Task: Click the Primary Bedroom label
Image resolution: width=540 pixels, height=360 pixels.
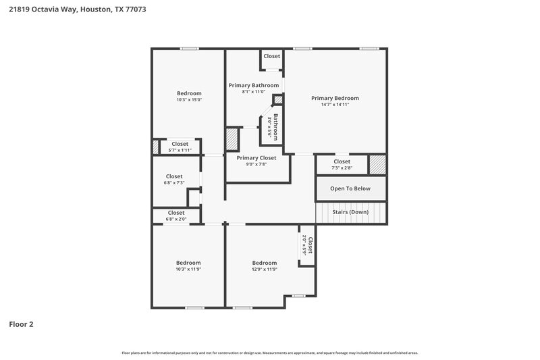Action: pos(335,98)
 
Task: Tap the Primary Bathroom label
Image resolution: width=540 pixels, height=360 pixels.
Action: pos(254,85)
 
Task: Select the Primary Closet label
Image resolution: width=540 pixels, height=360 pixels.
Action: pos(256,157)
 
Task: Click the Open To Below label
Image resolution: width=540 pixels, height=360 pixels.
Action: pos(350,188)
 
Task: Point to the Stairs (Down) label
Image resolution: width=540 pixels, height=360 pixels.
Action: pos(350,211)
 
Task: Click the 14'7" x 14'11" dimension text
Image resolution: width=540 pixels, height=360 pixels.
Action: pos(335,105)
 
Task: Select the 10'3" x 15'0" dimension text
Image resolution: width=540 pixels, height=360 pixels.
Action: pos(189,100)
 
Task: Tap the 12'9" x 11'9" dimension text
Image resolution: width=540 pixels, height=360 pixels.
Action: pos(265,269)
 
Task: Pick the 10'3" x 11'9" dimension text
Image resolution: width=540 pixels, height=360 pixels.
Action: pos(189,269)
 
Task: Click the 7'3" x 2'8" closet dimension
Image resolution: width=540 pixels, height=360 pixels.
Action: pos(342,168)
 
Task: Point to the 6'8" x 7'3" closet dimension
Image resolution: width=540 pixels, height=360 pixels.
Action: pos(174,183)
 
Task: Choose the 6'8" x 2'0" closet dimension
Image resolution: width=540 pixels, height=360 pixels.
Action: pos(175,219)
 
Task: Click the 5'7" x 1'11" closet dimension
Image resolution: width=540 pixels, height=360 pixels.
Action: pos(180,150)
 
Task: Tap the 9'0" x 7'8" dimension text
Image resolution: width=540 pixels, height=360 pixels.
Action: pos(256,164)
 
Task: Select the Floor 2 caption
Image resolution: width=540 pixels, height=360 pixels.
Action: pos(21,324)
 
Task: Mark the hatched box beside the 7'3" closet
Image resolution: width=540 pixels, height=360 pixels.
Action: pos(377,164)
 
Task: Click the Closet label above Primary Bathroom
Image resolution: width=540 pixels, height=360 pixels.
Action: pos(271,56)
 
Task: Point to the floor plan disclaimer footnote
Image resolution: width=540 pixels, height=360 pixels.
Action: pos(270,353)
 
